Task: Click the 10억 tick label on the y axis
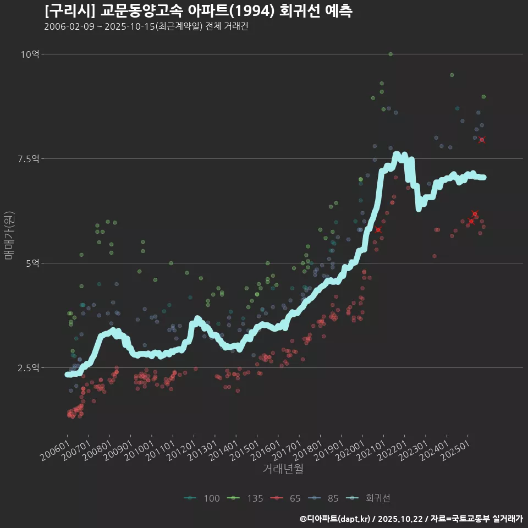(30, 54)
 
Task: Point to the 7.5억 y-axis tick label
(28, 158)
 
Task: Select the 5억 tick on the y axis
(32, 263)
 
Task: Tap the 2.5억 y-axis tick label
(28, 367)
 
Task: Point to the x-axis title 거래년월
(283, 469)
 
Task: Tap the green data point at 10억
(391, 54)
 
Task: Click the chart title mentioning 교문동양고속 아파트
(198, 11)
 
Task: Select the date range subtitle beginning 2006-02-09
(146, 26)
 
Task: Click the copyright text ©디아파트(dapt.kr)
(335, 519)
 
